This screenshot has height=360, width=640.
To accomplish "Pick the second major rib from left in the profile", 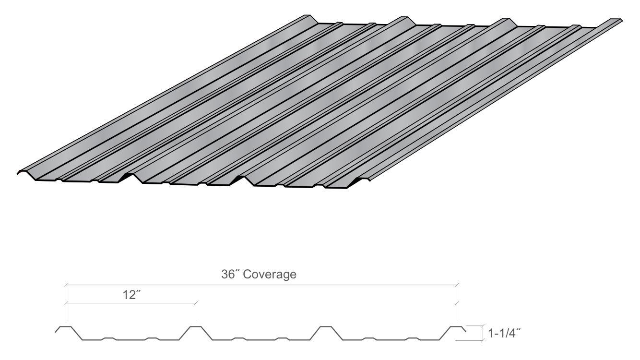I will [195, 328].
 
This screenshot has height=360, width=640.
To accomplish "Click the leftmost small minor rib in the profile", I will [108, 338].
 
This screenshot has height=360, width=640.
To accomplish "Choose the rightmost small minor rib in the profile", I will [412, 338].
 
